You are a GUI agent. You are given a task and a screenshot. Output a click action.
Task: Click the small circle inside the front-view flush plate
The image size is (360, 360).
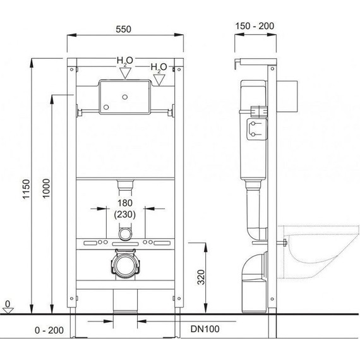[125, 97]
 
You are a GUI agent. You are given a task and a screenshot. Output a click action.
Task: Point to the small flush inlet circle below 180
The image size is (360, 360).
[125, 234]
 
